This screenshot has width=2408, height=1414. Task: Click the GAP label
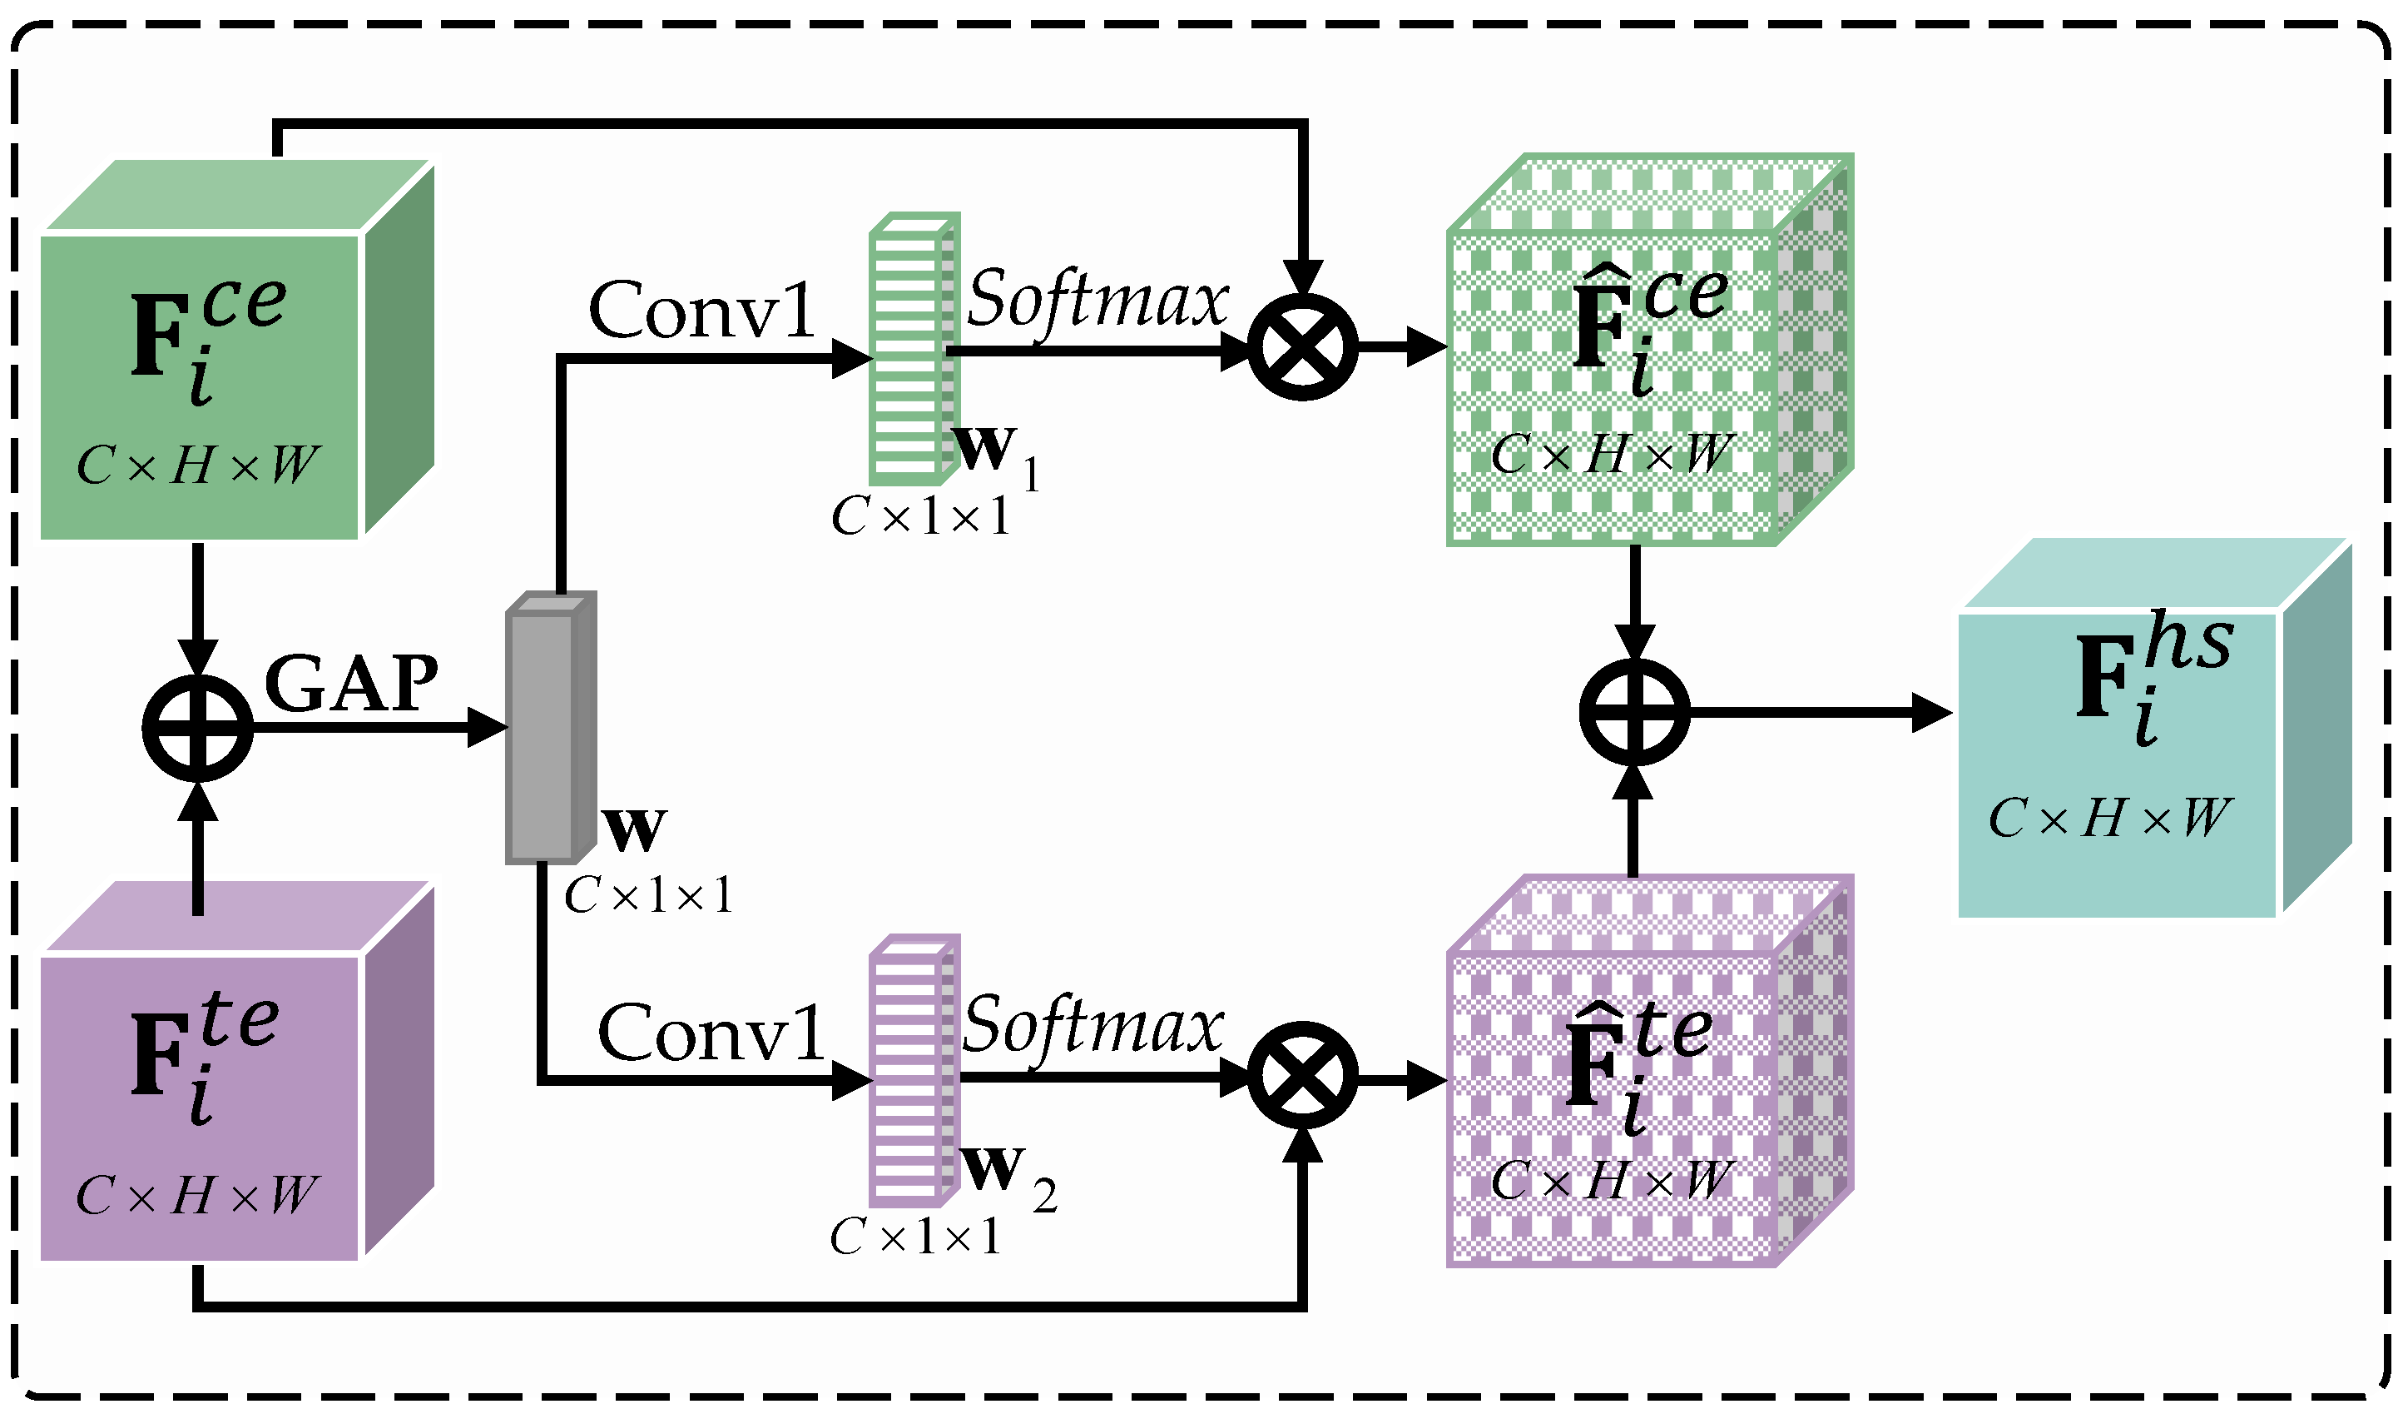[x=350, y=685]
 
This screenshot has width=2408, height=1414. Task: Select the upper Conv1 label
[x=702, y=311]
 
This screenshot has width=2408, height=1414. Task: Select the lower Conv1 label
[x=712, y=1033]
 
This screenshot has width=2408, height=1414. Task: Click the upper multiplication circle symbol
[x=1303, y=348]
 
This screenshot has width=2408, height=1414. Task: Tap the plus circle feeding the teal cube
[x=1635, y=712]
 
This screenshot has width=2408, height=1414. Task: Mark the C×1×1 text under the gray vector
[x=648, y=896]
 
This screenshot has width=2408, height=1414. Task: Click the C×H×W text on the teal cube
[x=2109, y=819]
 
